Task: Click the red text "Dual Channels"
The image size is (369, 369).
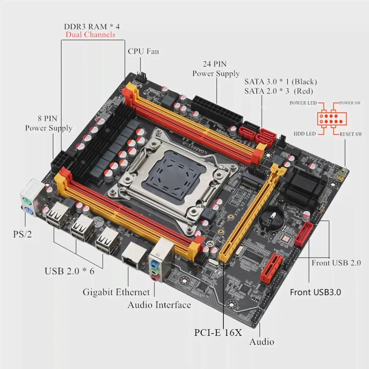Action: click(91, 35)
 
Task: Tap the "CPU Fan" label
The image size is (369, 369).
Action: click(143, 51)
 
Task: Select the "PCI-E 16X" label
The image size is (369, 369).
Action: click(218, 333)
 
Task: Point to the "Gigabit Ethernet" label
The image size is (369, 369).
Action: click(116, 292)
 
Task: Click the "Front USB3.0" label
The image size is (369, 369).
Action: click(315, 292)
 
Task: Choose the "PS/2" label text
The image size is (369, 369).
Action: click(22, 234)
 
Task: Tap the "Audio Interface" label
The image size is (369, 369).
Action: click(159, 305)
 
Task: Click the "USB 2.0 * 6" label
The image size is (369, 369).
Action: click(69, 271)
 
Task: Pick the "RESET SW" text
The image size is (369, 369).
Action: click(351, 134)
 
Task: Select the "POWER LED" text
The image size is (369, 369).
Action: click(303, 103)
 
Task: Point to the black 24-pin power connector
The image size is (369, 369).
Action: click(217, 111)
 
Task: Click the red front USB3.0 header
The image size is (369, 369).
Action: click(304, 234)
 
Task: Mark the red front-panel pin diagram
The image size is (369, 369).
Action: click(332, 119)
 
